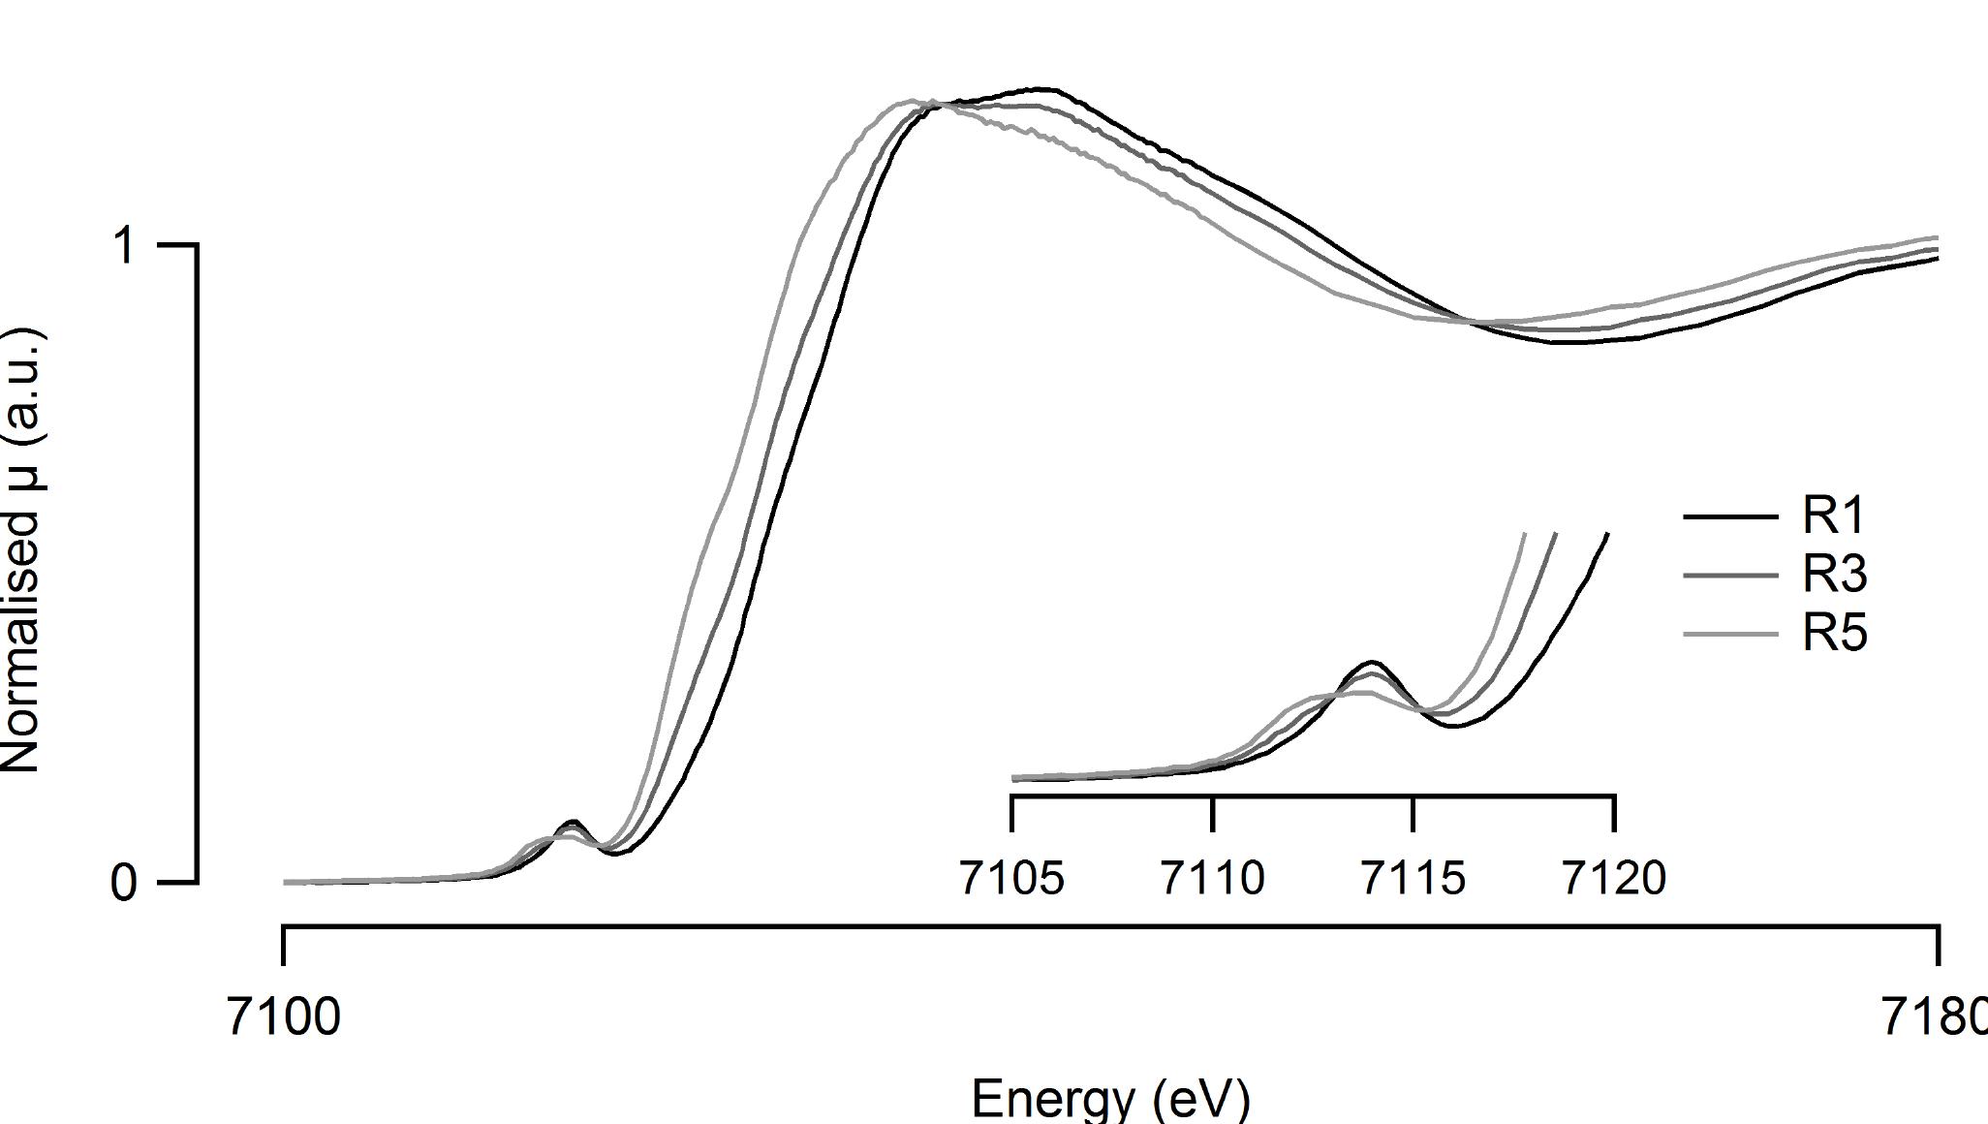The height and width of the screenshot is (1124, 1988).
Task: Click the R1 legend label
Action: (x=1833, y=515)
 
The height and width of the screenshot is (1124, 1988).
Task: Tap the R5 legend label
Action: (x=1834, y=634)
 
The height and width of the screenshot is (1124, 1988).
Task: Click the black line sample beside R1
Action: (x=1730, y=516)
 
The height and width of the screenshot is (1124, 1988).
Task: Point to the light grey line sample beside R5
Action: (x=1730, y=635)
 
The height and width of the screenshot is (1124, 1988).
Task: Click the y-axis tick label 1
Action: (x=123, y=246)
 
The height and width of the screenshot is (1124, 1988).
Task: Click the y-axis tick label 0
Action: (x=123, y=883)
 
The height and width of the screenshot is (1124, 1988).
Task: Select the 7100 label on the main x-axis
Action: (x=283, y=1017)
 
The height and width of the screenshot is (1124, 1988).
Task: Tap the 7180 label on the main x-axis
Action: (x=1933, y=1017)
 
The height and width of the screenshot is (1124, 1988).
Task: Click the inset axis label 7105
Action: (x=1011, y=878)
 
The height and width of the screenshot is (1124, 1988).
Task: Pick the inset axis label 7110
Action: (x=1212, y=878)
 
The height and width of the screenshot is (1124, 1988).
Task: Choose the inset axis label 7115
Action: (x=1413, y=878)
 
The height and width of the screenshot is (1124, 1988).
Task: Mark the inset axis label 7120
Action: (x=1614, y=878)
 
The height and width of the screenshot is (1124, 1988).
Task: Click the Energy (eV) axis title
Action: (x=1110, y=1098)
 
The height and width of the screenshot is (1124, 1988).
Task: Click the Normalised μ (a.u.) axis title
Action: (x=21, y=550)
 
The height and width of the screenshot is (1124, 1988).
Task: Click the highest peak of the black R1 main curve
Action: (x=1041, y=89)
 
